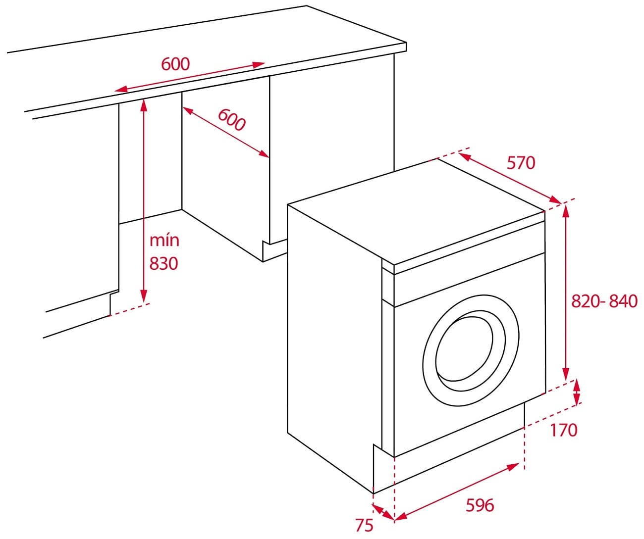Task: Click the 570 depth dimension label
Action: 521,163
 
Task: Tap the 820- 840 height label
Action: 604,301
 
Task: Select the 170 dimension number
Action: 564,430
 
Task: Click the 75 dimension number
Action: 364,525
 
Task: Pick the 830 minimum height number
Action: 164,263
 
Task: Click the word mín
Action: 164,241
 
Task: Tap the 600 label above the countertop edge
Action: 175,64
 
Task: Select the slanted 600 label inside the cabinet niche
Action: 232,120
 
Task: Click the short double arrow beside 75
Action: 384,513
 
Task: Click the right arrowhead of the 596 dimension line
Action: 513,466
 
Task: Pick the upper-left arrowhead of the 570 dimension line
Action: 465,157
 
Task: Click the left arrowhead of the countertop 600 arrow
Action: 121,89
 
